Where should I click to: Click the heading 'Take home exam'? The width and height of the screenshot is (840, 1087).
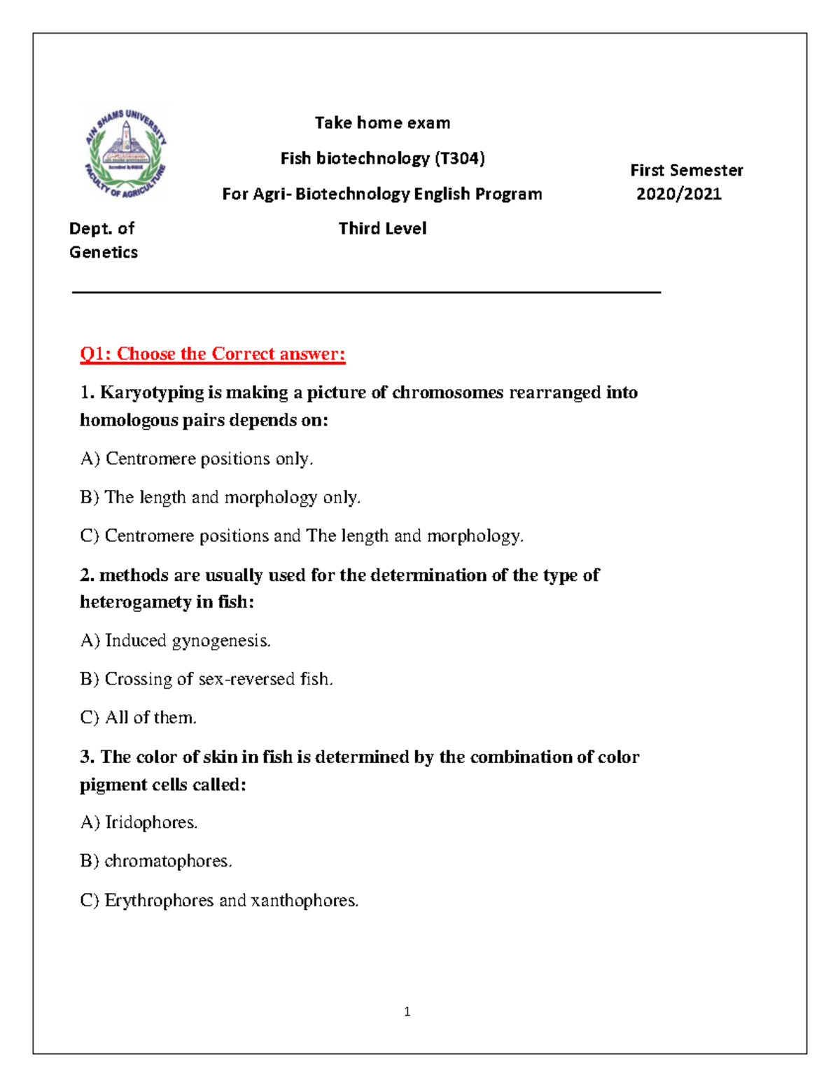click(382, 123)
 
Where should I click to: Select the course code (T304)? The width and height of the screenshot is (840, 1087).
click(460, 159)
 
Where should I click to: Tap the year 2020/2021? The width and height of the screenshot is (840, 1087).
click(678, 194)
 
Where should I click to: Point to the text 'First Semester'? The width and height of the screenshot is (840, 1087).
click(686, 170)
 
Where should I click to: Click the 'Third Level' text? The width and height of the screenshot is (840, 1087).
click(382, 229)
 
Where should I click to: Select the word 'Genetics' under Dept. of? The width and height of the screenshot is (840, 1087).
click(104, 253)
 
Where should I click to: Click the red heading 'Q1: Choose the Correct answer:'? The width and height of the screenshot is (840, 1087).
click(213, 354)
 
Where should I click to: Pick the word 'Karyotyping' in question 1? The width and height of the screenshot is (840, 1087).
click(151, 393)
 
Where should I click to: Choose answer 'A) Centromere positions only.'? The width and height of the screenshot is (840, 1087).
click(197, 459)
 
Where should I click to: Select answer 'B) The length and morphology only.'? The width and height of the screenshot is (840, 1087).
click(220, 498)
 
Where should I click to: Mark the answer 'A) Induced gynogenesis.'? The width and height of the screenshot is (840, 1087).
click(175, 640)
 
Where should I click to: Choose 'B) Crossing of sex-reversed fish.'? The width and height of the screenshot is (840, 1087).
click(206, 679)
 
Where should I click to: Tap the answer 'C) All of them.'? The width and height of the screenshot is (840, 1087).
click(139, 717)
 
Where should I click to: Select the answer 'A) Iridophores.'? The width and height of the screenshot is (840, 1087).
click(139, 822)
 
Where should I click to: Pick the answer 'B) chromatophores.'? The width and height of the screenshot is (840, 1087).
click(156, 861)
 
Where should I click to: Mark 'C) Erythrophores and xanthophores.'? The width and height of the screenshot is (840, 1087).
click(219, 900)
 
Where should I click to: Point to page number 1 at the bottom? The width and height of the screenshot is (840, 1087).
click(407, 1011)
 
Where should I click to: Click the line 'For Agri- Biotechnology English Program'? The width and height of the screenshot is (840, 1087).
click(382, 194)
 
